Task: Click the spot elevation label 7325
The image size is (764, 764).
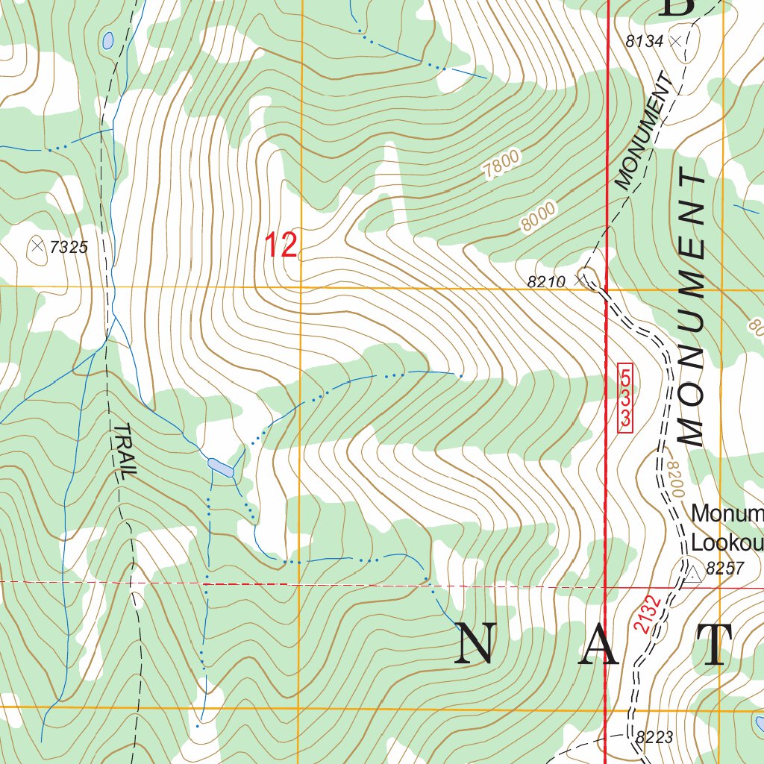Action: coord(69,247)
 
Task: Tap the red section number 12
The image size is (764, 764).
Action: coord(281,245)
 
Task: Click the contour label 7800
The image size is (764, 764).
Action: coord(501,163)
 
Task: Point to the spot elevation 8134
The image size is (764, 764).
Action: coord(645,42)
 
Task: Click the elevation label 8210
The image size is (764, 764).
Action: coord(547,282)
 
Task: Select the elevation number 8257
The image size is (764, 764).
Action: coord(724,569)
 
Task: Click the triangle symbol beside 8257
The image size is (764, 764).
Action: coord(692,572)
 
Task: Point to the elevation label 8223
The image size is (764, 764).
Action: coord(654,738)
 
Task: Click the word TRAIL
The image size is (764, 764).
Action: coord(126,451)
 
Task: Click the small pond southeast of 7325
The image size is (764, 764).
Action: coord(221,467)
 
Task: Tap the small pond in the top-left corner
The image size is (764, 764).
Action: coord(108,40)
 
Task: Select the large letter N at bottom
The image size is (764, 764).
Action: coord(476,644)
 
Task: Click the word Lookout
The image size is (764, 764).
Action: coord(726,541)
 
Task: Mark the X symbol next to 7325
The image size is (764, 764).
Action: coord(37,245)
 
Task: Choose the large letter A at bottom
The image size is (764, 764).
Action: coord(599,644)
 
